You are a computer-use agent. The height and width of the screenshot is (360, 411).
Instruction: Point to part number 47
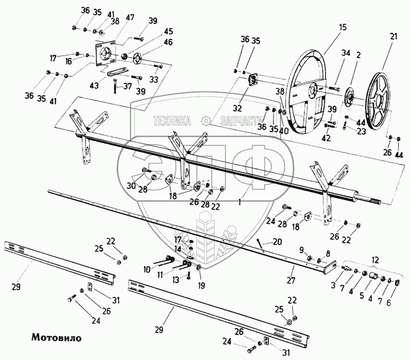(x=130, y=18)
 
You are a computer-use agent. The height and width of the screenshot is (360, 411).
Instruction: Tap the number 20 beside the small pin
(x=277, y=241)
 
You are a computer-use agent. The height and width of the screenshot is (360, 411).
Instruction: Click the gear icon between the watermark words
(x=206, y=121)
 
